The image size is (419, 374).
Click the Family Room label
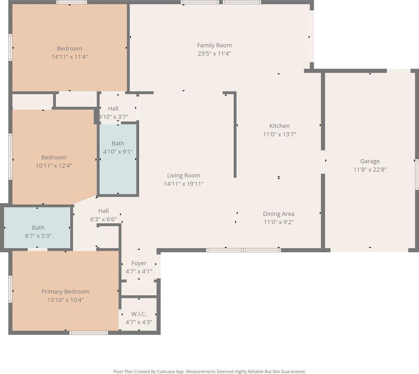point(214,45)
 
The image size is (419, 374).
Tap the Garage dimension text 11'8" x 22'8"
point(370,169)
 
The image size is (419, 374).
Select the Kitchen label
point(279,126)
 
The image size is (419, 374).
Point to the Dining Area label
point(278,213)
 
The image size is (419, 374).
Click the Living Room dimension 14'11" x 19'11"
point(184,184)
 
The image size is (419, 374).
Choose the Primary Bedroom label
point(65,291)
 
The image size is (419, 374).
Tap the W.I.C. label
point(139,314)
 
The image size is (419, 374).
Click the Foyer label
point(139,263)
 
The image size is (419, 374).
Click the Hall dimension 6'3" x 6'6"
point(103,219)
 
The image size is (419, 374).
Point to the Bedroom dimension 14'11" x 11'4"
point(70,57)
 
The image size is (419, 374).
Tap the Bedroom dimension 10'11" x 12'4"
point(54,165)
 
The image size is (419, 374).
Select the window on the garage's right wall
point(417,174)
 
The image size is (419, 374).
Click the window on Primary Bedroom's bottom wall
point(89,333)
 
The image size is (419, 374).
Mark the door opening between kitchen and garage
point(323,162)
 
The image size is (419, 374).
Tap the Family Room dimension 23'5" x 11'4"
point(214,54)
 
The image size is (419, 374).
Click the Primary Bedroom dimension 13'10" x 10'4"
point(65,300)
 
